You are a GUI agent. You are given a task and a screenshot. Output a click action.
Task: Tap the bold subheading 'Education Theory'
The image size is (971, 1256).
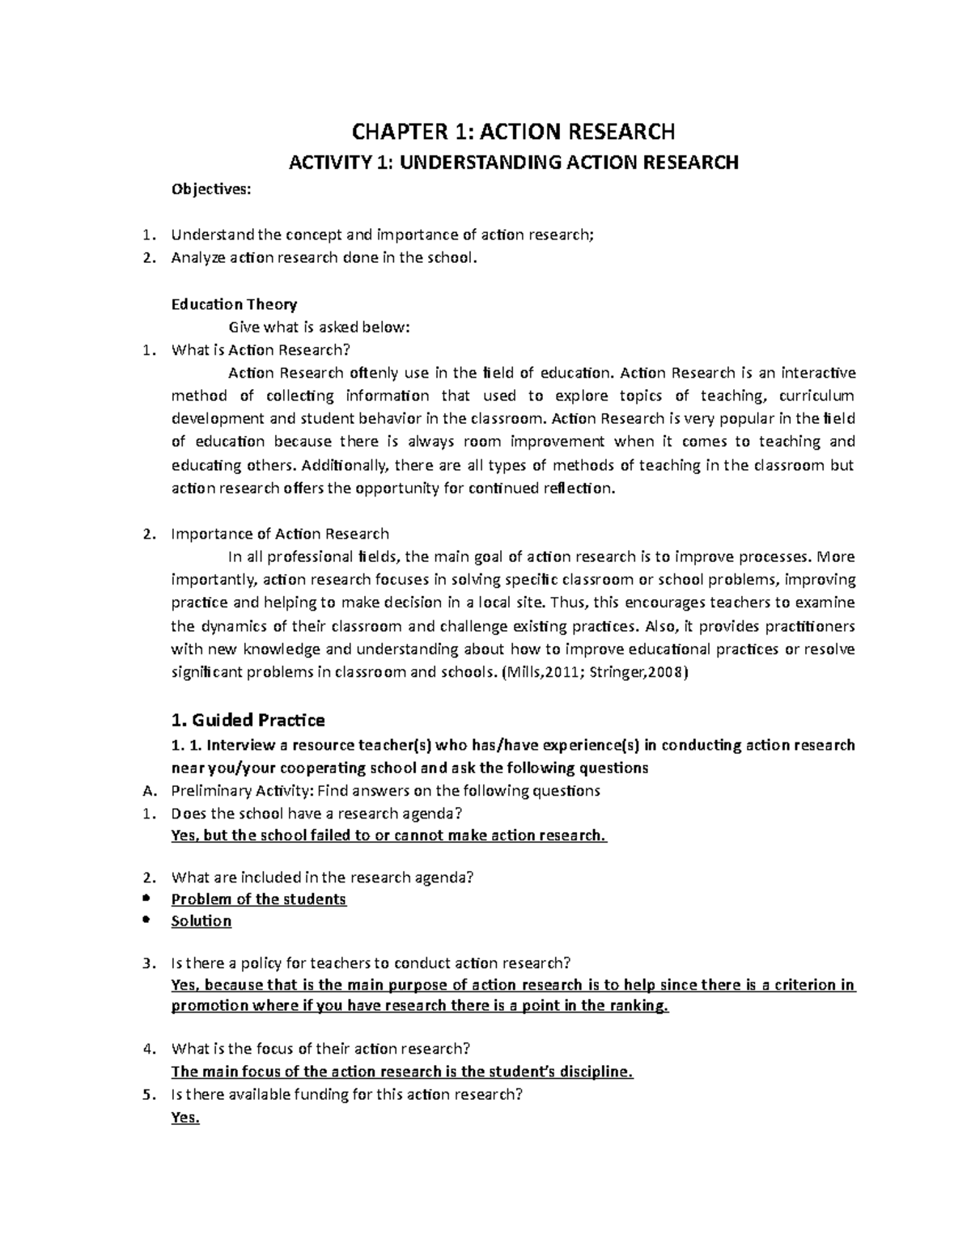[x=234, y=304]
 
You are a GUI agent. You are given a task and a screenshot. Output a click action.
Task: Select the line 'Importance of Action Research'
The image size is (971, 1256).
[x=280, y=534]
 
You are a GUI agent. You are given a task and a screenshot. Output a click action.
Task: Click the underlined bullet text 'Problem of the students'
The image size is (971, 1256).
[x=259, y=899]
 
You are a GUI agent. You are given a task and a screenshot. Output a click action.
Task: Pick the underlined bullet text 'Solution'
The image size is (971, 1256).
[x=201, y=921]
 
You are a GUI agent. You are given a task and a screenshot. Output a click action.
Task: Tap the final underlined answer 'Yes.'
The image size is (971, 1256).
[x=185, y=1119]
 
